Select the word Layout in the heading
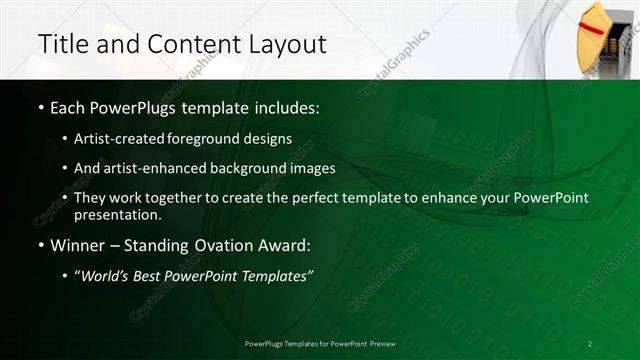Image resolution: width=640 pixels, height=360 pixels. point(285,44)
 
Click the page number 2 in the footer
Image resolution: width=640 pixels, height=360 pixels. point(590,343)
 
